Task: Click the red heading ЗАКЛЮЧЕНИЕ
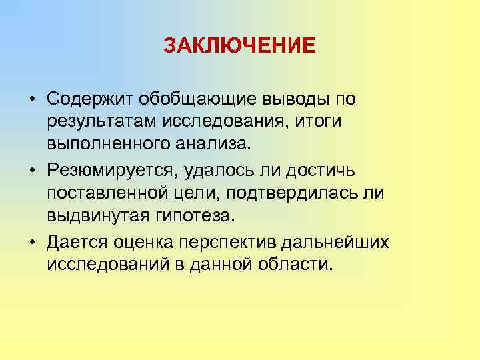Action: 239,46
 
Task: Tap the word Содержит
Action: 91,99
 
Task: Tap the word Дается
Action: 75,242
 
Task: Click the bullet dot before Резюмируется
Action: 32,171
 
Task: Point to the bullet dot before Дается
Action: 32,243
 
